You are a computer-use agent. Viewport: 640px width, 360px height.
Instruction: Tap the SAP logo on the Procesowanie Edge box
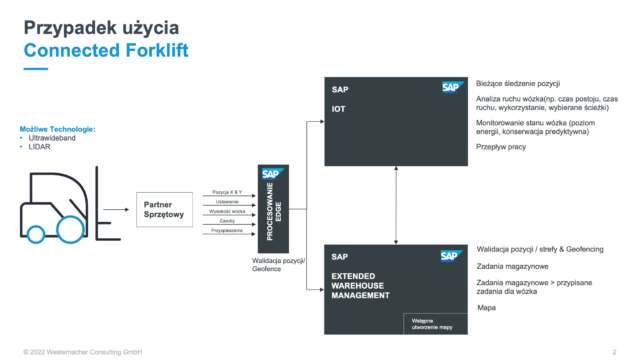[270, 173]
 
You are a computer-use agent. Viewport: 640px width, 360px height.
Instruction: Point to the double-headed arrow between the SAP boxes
[399, 204]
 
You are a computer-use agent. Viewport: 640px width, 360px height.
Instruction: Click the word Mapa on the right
[487, 307]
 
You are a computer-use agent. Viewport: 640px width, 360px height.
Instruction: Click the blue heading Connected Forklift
[96, 51]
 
